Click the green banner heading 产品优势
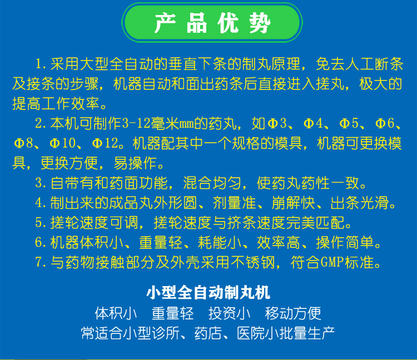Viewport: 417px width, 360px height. [x=212, y=23]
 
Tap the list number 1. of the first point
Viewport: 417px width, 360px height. [x=41, y=64]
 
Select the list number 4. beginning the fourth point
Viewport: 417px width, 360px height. [x=41, y=203]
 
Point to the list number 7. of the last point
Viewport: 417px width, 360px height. [x=41, y=262]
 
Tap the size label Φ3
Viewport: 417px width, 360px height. [x=277, y=123]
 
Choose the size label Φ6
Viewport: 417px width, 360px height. [x=385, y=123]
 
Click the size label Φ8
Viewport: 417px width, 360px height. [x=23, y=143]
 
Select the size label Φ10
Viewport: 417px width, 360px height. [x=63, y=143]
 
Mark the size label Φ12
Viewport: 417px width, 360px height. [x=105, y=143]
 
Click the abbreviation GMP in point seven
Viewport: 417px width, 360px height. [x=332, y=262]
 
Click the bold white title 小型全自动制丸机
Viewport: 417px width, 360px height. [x=209, y=293]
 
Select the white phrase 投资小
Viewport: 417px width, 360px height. [x=229, y=313]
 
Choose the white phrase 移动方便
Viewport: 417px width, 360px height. [x=293, y=313]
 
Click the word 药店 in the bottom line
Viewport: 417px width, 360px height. [x=209, y=333]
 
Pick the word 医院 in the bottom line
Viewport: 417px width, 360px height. [x=251, y=333]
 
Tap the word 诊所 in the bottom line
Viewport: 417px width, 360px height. [x=166, y=333]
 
